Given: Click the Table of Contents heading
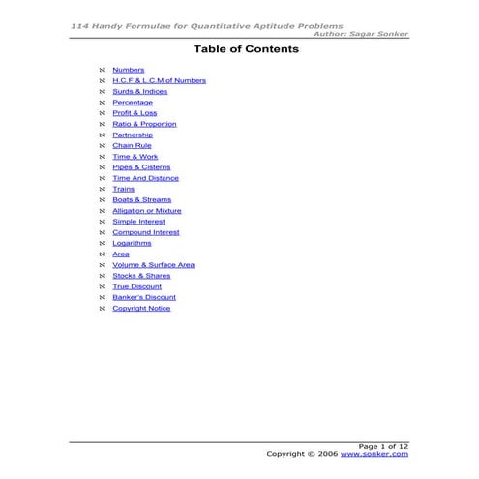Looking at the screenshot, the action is (x=239, y=47).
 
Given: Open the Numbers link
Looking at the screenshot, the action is (x=128, y=70).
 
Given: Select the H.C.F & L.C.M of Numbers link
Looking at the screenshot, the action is (x=159, y=80).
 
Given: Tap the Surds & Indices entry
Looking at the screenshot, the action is (x=139, y=91).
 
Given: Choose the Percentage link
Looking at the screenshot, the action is (x=133, y=102).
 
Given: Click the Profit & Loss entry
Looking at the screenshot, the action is (x=135, y=112).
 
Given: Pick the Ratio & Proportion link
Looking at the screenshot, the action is (x=144, y=124).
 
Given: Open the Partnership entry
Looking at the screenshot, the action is (x=133, y=135).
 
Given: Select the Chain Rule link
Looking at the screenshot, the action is (x=132, y=145).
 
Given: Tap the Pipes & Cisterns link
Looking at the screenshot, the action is (x=141, y=167).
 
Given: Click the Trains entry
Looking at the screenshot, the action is (x=123, y=189).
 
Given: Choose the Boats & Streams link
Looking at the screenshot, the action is (x=141, y=199).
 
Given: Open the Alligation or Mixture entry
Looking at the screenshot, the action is (x=146, y=210).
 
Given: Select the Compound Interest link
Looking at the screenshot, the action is (x=145, y=232).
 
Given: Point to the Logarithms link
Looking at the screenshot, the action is (x=132, y=243).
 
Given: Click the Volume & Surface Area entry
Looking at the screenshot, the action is (x=153, y=264).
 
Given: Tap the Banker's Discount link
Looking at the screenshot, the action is (x=143, y=297).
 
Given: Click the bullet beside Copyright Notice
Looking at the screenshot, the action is (x=102, y=308).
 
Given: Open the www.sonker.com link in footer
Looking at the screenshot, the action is (x=374, y=453).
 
